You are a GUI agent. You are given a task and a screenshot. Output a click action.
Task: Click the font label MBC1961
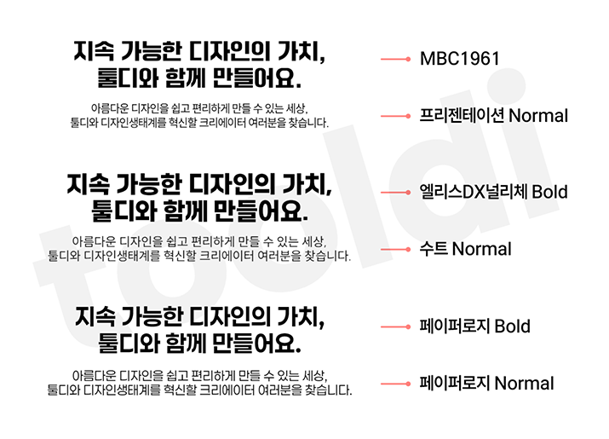coord(459,59)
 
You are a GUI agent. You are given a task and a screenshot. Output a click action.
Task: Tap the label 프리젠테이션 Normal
coord(494,115)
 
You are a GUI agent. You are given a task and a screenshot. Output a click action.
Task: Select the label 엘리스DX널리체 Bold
coord(494,192)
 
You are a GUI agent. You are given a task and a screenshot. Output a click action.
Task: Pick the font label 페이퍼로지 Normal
coord(486,383)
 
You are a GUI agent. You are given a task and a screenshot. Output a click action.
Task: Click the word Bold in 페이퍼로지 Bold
coord(512,326)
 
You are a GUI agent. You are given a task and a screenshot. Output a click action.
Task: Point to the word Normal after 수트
coord(482,249)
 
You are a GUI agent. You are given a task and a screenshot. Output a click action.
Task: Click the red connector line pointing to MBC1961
coord(395,59)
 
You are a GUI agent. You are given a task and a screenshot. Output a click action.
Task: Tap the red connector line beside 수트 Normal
coord(395,249)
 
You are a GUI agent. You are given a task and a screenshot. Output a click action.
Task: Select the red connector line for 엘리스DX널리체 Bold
coord(395,192)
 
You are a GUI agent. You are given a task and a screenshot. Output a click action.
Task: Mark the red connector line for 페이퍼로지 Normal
coord(395,384)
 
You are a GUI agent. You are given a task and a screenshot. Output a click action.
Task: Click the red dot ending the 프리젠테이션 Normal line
coord(408,116)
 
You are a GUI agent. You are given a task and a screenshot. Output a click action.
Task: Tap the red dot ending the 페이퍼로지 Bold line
coord(408,326)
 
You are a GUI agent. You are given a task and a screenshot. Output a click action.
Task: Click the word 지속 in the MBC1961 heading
coord(94,51)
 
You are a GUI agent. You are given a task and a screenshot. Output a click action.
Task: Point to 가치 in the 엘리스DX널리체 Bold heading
coord(307,184)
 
